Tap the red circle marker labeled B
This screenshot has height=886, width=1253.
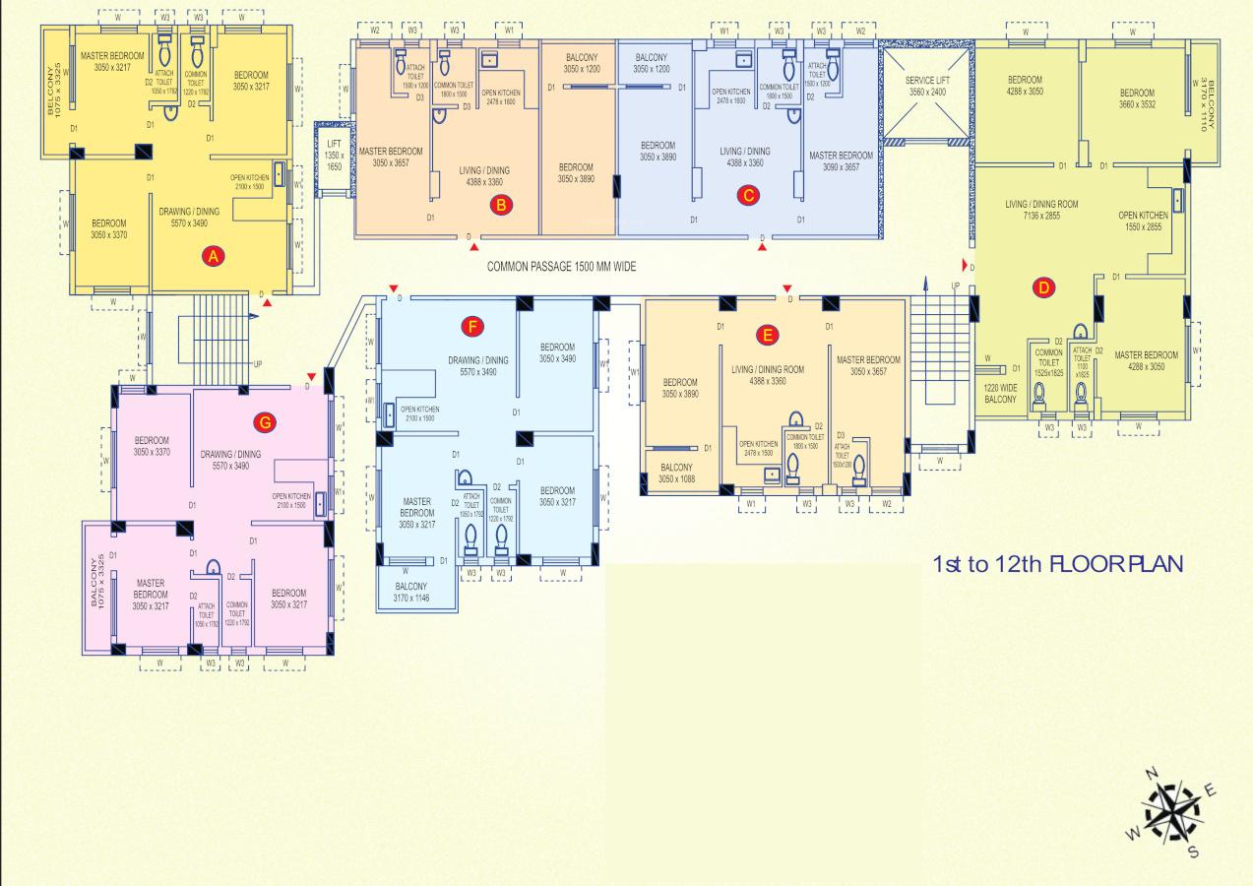point(501,205)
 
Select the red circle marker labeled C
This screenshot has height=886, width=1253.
point(748,195)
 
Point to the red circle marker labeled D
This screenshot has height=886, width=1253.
point(1043,287)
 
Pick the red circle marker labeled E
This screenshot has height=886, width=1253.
point(768,335)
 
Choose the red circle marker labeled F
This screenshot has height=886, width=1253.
point(473,324)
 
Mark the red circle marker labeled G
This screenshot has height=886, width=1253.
point(263,421)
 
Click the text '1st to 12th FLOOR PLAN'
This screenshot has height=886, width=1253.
point(1056,565)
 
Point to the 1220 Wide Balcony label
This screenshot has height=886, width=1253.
point(999,394)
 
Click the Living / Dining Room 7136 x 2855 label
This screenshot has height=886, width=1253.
point(1041,210)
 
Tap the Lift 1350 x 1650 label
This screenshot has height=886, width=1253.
point(334,157)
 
